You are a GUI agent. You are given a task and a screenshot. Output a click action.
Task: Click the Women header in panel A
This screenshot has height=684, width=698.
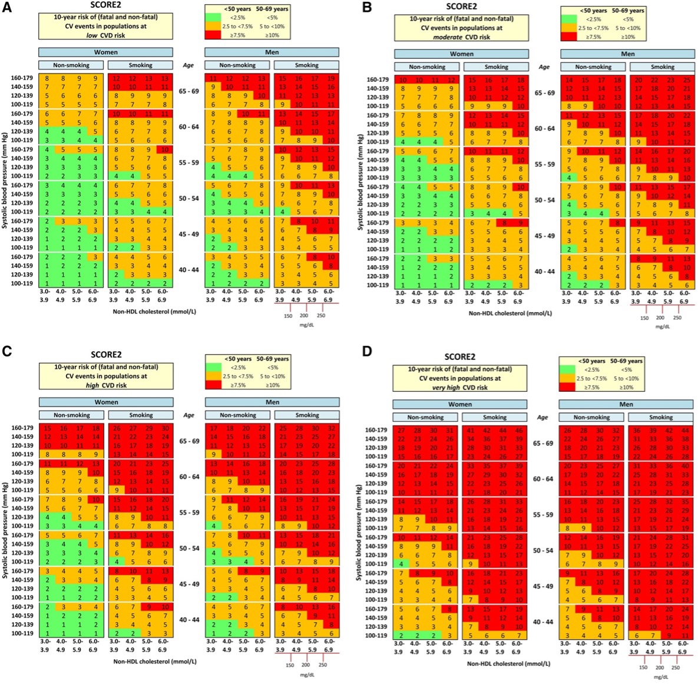106,52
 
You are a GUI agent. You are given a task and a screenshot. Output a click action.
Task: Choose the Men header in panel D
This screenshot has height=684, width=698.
626,404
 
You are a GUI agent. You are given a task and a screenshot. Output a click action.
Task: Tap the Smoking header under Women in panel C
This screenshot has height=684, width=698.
141,415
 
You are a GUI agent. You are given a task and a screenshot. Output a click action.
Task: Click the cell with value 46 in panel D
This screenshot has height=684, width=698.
519,431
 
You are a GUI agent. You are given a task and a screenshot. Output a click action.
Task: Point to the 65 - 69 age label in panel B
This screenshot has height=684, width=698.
544,93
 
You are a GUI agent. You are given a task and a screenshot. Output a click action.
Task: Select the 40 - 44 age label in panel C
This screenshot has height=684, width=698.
188,620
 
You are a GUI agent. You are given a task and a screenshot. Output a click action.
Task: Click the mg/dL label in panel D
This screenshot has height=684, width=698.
660,676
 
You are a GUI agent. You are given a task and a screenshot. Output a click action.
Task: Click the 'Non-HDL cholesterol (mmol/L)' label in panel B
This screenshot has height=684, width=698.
510,313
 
